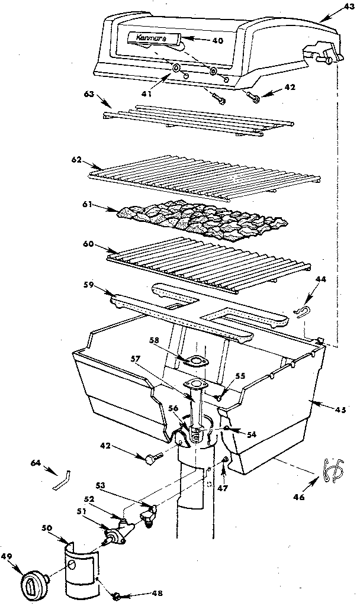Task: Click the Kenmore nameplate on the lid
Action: click(152, 38)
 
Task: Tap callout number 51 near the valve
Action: click(82, 512)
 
